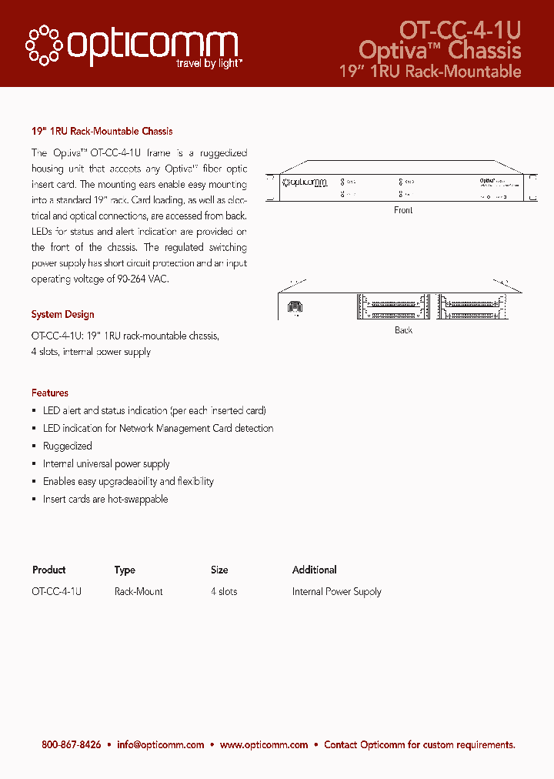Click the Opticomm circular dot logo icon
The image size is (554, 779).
tap(45, 45)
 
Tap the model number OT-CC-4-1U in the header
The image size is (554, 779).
tap(460, 29)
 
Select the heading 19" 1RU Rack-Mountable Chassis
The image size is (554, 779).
tap(102, 132)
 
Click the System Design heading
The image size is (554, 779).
tap(62, 315)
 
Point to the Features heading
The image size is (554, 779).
tap(49, 393)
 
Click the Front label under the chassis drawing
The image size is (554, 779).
tap(403, 210)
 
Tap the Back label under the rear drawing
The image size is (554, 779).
tap(403, 330)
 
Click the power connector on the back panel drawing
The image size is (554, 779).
tap(295, 307)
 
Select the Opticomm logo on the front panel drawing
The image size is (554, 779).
tap(305, 182)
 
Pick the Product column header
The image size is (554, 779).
tap(48, 570)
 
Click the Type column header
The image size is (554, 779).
tap(125, 570)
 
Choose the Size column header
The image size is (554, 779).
tap(219, 570)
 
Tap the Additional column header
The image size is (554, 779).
tap(314, 570)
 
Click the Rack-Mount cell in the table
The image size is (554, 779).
tap(138, 592)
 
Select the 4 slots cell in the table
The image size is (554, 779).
tap(224, 592)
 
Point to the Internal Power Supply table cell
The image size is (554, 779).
tap(336, 592)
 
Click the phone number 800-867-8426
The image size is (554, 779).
tap(71, 745)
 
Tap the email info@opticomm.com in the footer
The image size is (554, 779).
tap(160, 745)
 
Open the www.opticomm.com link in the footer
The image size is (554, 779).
tap(264, 745)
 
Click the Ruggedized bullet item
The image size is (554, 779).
tap(67, 446)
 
